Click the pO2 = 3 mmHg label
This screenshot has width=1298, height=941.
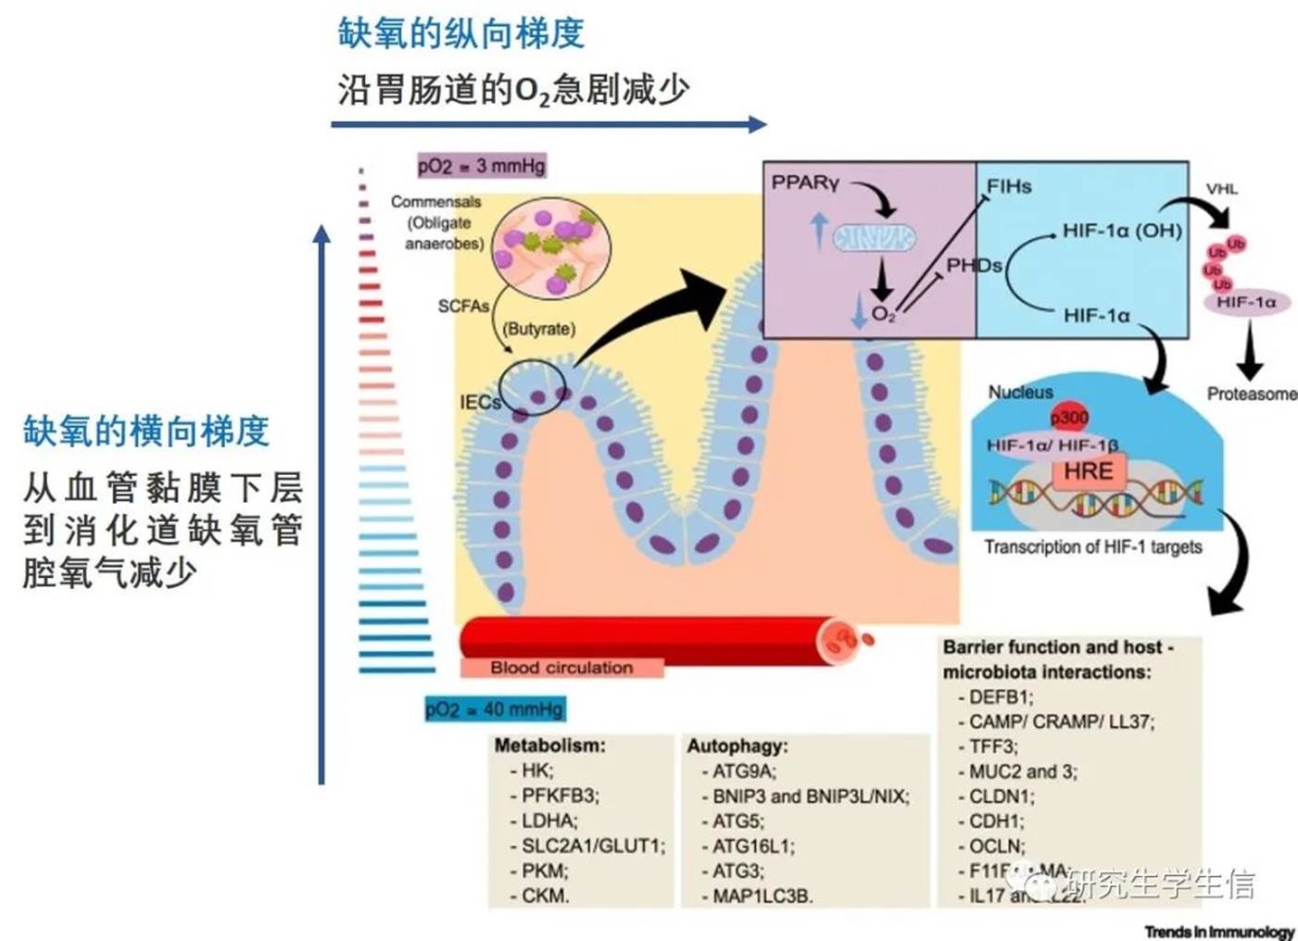click(x=481, y=166)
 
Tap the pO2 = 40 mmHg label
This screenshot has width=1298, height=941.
click(x=494, y=709)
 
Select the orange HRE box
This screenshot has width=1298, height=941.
click(x=1088, y=471)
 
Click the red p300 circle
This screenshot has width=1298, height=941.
click(x=1069, y=418)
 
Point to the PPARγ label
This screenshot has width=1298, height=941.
click(x=805, y=183)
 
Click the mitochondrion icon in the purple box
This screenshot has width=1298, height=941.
click(x=874, y=239)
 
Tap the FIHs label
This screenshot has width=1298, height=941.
click(x=1008, y=186)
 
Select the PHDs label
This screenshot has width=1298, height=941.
click(x=973, y=266)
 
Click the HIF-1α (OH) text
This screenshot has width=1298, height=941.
click(x=1122, y=231)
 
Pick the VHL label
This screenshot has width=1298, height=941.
click(x=1221, y=189)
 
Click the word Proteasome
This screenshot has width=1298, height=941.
click(x=1252, y=395)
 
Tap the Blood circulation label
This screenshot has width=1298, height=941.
click(x=561, y=668)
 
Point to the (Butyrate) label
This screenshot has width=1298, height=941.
click(x=538, y=329)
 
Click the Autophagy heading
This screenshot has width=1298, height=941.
click(x=737, y=746)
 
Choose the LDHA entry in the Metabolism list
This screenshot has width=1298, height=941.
click(x=548, y=821)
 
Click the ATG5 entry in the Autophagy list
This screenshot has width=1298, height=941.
click(x=737, y=821)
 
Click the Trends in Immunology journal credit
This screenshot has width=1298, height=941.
click(x=1218, y=932)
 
